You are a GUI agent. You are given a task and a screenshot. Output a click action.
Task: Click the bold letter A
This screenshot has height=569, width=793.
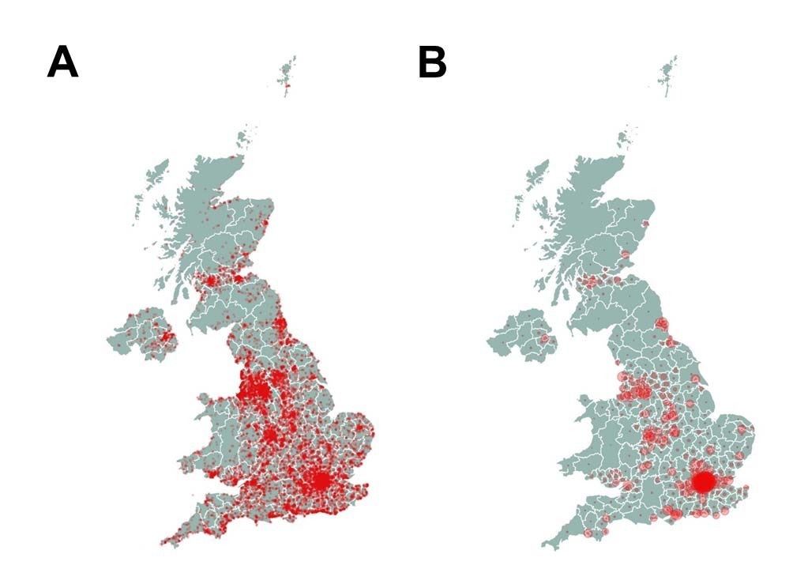click(x=62, y=62)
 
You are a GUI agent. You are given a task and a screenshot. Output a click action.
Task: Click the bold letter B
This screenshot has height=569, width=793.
click(x=432, y=62)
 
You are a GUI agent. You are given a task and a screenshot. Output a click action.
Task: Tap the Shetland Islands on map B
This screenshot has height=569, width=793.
click(x=669, y=73)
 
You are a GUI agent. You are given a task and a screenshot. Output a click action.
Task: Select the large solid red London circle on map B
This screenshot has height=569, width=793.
click(x=702, y=481)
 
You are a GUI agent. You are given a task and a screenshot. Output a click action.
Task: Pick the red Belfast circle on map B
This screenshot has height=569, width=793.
click(x=544, y=338)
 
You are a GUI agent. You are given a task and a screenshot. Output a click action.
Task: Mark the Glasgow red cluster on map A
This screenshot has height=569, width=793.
click(x=212, y=281)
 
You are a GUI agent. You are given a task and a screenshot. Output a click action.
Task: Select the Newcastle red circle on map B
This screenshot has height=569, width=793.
click(x=662, y=323)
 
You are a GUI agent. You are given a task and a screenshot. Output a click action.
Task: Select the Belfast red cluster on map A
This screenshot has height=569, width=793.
click(x=165, y=337)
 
